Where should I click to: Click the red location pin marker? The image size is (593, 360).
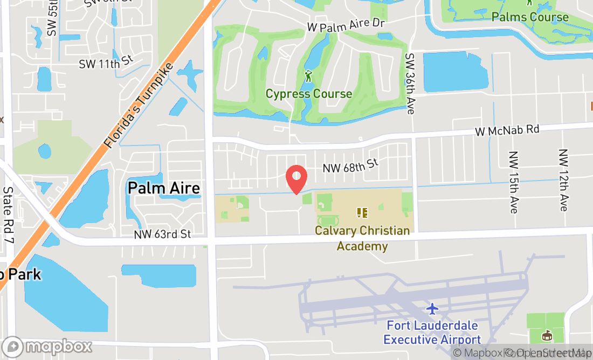(x=296, y=178)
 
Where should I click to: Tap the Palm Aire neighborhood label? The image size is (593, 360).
(x=164, y=188)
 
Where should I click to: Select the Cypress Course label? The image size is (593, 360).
(x=309, y=94)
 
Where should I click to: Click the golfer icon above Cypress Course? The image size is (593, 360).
(x=308, y=77)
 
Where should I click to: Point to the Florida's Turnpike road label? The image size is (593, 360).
(x=140, y=106)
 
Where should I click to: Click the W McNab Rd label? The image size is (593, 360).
(x=507, y=130)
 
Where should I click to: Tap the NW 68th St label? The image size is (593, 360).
(x=350, y=165)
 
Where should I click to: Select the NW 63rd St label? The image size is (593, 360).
(x=163, y=234)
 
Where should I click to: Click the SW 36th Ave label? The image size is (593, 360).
(x=410, y=83)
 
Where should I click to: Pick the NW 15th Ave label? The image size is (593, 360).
(x=514, y=181)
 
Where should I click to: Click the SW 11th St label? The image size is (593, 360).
(x=106, y=63)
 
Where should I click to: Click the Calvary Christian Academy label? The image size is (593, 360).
(x=362, y=238)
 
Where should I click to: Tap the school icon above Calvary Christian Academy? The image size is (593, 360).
(x=362, y=212)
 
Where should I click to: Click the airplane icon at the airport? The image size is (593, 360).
(x=432, y=309)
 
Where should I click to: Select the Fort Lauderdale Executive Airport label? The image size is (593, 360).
(x=432, y=333)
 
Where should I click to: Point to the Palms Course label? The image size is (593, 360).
(x=530, y=17)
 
